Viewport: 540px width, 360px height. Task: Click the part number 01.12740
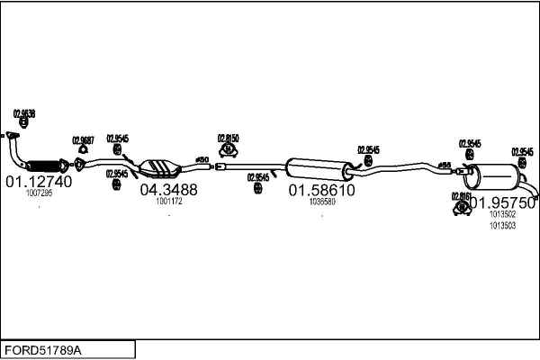click(x=39, y=181)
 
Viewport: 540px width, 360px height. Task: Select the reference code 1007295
click(x=39, y=193)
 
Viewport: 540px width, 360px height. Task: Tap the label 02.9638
click(x=24, y=114)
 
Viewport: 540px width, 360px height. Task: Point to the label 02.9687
click(x=83, y=140)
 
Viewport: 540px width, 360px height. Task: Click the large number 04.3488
click(x=168, y=190)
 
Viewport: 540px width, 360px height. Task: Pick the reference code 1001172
click(x=168, y=202)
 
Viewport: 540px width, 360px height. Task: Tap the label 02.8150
click(x=228, y=139)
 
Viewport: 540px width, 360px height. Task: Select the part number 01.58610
click(x=321, y=191)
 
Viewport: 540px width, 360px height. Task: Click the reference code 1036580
click(x=321, y=202)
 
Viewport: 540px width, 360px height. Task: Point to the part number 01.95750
click(x=503, y=203)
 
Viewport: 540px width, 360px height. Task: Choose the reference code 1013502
click(x=502, y=215)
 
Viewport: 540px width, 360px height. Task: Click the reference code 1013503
click(x=502, y=226)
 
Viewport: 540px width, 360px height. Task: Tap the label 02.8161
click(x=460, y=195)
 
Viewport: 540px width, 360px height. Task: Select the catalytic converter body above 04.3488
click(x=161, y=167)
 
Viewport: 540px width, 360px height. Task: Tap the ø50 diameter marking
click(x=202, y=159)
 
